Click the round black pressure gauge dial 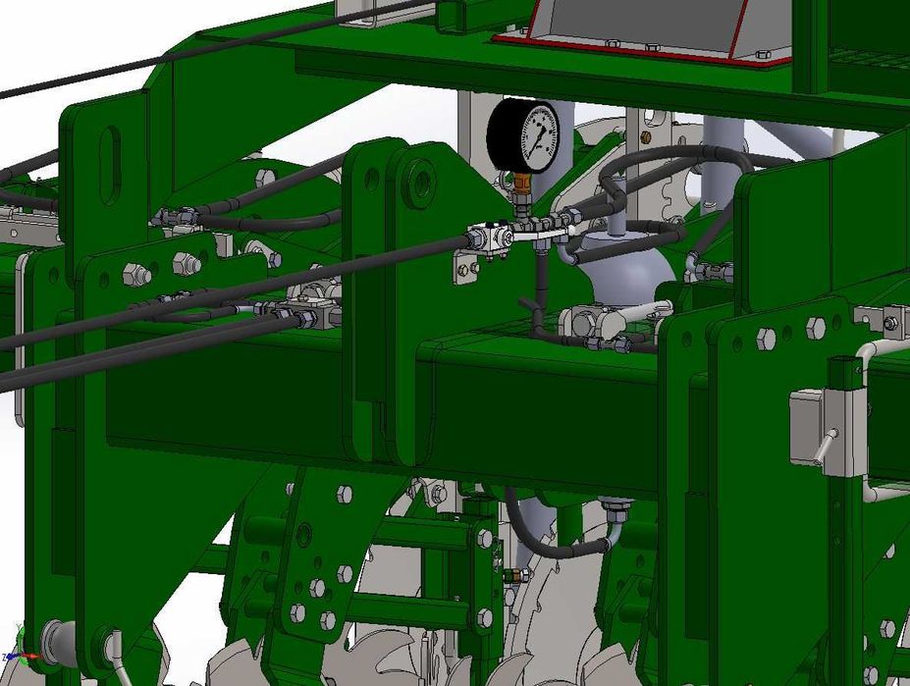point(523,135)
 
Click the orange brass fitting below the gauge point(519,183)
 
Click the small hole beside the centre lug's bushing point(370,179)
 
